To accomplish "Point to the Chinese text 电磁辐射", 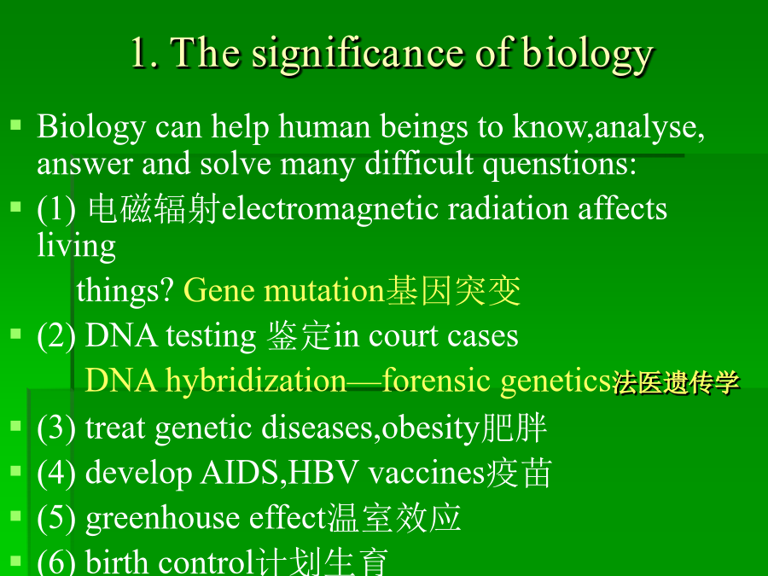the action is tap(154, 209).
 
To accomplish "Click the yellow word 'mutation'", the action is tap(323, 291).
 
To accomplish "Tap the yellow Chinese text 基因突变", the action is tap(453, 291).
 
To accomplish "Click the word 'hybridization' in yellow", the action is tap(256, 381).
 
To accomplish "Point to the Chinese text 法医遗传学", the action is tap(676, 382).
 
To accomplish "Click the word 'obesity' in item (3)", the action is tap(429, 428).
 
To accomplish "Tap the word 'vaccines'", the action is tap(426, 474).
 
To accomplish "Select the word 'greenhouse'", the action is tap(162, 519).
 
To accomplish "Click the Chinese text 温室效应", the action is tap(394, 518).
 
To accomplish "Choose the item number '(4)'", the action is tap(56, 474).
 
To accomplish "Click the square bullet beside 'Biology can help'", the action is tap(15, 125).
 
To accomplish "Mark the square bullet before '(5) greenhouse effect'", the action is tap(15, 515).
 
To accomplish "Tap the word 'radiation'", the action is tap(508, 210).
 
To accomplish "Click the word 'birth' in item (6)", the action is tap(117, 561).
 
